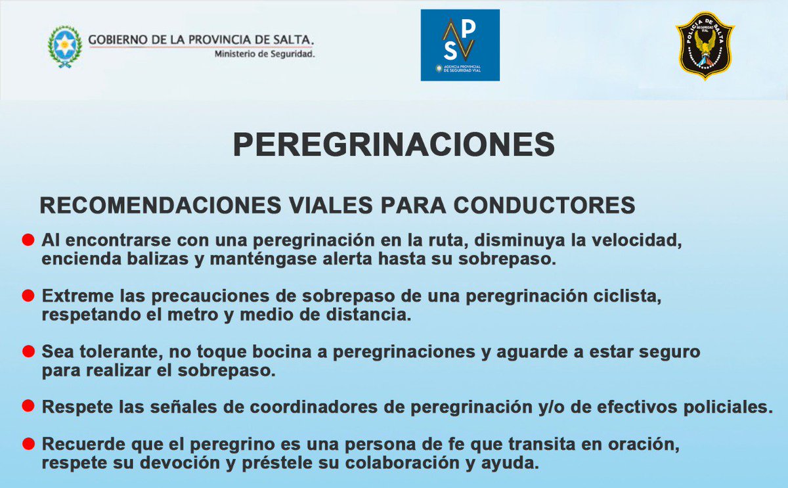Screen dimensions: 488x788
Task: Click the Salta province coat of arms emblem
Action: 65,46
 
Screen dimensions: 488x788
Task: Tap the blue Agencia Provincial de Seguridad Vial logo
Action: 460,45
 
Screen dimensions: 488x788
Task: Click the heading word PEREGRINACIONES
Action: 394,144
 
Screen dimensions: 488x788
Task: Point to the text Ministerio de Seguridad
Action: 265,54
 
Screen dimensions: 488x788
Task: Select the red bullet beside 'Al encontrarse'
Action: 28,240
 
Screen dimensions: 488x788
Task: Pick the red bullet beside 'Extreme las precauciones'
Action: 28,296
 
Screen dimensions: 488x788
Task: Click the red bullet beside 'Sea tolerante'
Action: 28,352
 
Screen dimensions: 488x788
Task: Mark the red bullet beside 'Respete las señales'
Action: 28,407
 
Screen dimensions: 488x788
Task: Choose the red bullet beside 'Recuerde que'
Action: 28,445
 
